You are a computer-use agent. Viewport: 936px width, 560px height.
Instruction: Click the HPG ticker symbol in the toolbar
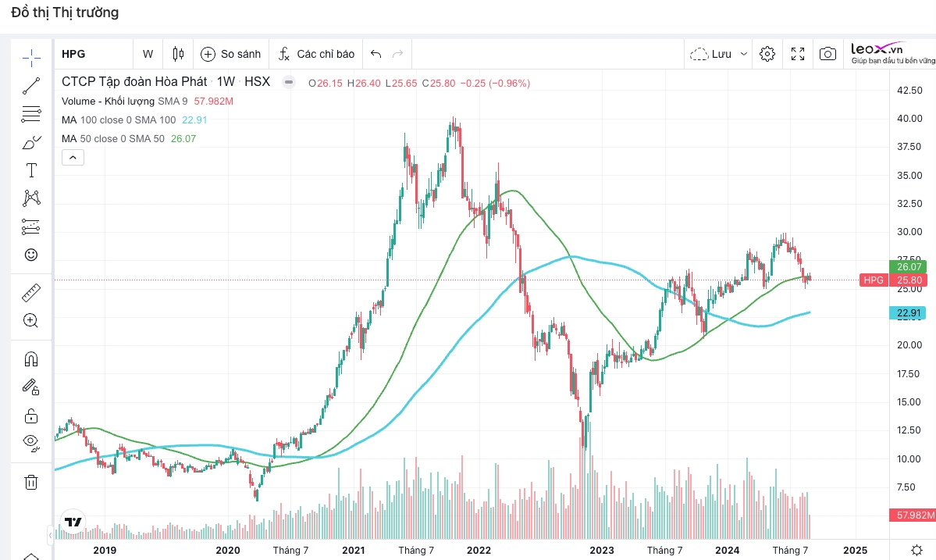(x=73, y=54)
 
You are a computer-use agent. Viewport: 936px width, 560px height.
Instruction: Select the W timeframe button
(x=148, y=54)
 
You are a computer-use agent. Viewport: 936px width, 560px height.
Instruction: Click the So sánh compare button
(x=230, y=54)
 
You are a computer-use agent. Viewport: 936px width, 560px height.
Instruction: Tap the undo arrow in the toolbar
(x=375, y=54)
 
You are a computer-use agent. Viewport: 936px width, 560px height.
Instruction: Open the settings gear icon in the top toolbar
(x=767, y=54)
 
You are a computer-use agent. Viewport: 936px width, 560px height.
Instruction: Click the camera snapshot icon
(x=827, y=54)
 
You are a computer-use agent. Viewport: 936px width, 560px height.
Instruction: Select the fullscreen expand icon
(x=798, y=54)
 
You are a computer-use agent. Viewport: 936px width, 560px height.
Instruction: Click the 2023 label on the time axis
(x=602, y=550)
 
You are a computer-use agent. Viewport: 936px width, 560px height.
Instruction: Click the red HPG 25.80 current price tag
(x=893, y=280)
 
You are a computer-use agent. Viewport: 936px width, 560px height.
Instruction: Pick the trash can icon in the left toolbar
(x=31, y=482)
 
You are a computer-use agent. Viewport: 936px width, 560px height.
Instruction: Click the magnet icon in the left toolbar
(x=31, y=359)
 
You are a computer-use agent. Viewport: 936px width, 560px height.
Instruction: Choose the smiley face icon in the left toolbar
(x=31, y=255)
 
